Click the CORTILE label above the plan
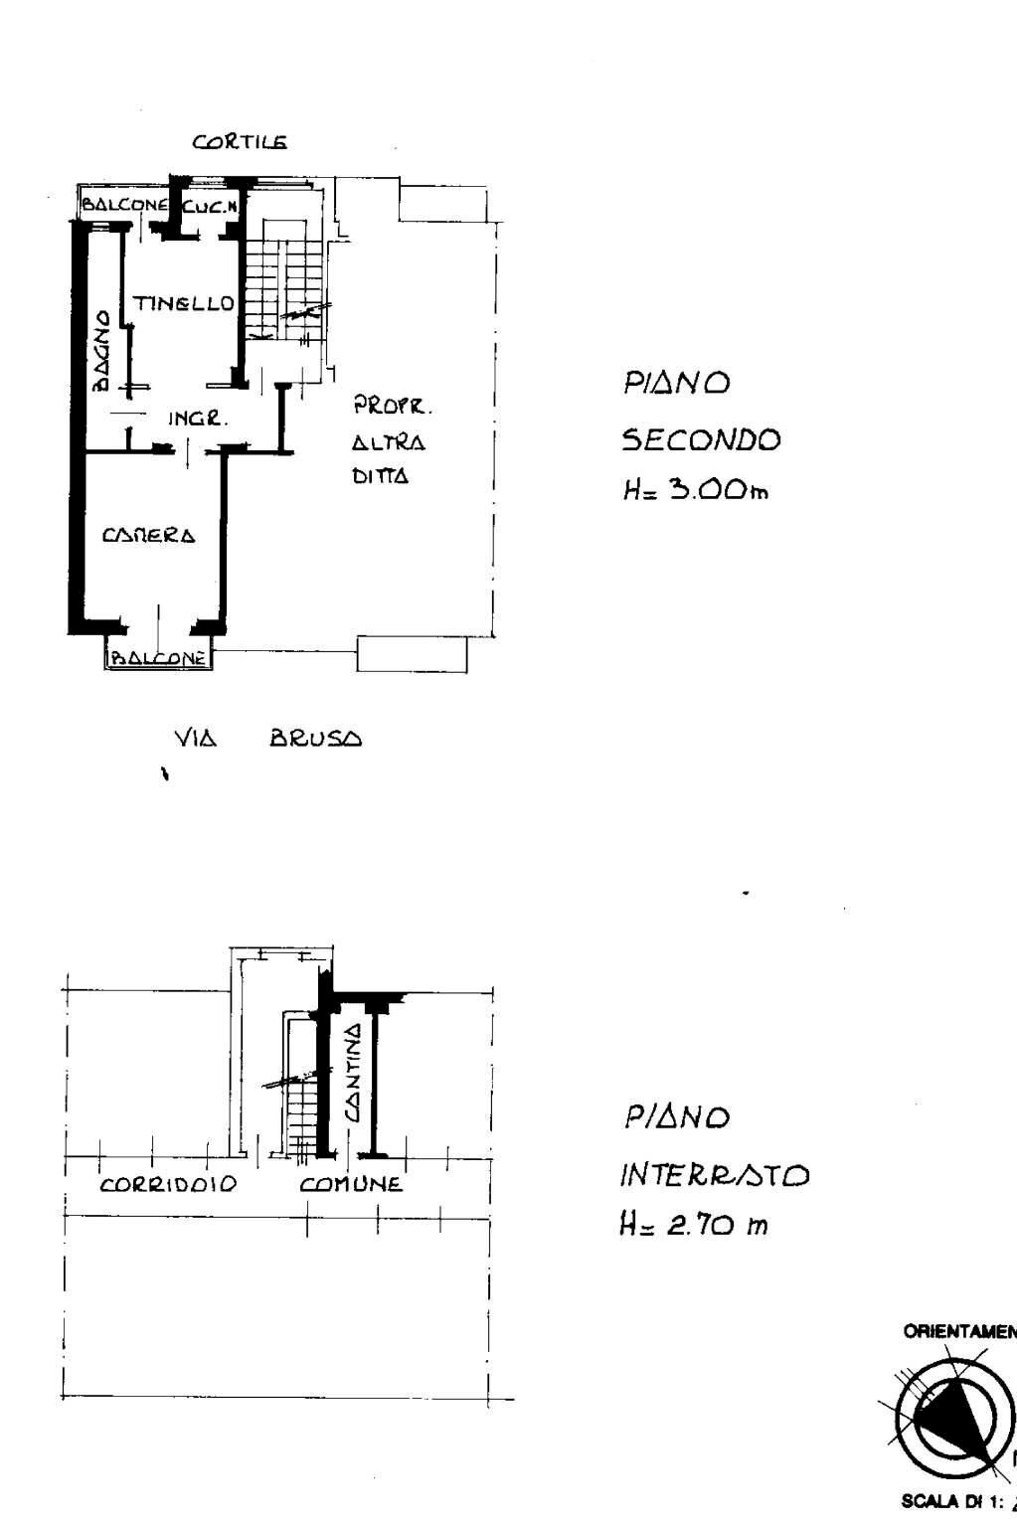(x=240, y=142)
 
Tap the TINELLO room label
(x=185, y=303)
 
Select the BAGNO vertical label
(x=101, y=351)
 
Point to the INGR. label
(x=198, y=420)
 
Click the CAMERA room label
(x=149, y=535)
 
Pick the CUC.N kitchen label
(x=210, y=206)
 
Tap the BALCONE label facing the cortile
(x=124, y=205)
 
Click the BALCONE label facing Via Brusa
(x=159, y=657)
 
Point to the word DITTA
(x=381, y=477)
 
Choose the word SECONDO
(x=702, y=439)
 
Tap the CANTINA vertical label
(x=352, y=1074)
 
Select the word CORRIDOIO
(x=168, y=1185)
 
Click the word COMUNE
(x=352, y=1185)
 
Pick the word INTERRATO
(x=715, y=1177)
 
